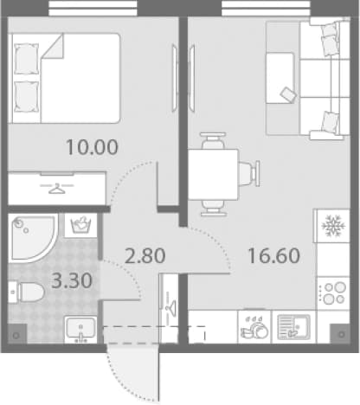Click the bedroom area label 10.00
(92, 147)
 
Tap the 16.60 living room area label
(274, 255)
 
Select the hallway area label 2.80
(145, 255)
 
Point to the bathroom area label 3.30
(72, 280)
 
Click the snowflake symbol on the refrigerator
(333, 226)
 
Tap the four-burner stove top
(333, 293)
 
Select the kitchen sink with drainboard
(293, 327)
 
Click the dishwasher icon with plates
(254, 327)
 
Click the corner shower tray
(32, 238)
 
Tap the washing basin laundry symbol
(80, 225)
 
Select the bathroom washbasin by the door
(80, 330)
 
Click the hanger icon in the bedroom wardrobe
(57, 188)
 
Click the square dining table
(213, 175)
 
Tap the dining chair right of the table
(249, 174)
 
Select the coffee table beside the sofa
(280, 78)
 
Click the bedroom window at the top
(93, 8)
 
